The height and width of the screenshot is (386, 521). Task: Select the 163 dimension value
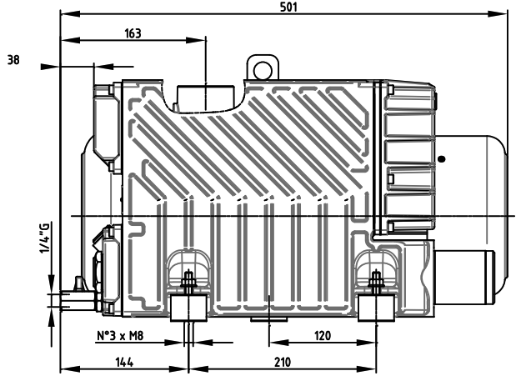(133, 33)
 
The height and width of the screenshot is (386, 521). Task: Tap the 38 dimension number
(13, 60)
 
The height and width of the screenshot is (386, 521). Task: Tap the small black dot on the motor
(442, 158)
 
